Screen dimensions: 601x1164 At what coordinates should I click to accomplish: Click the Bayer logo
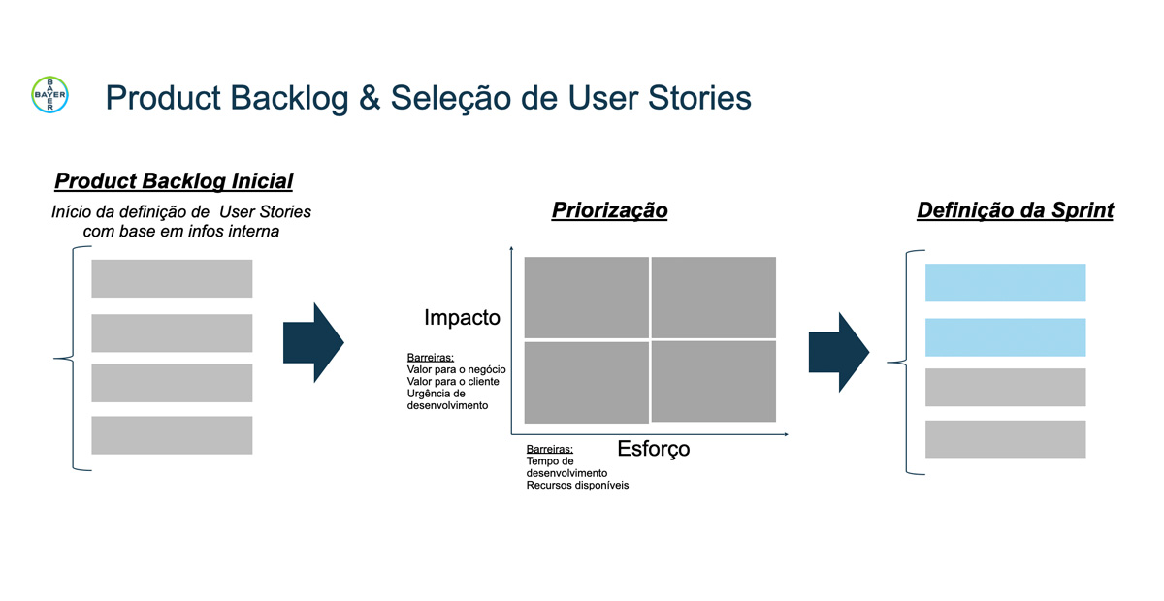pos(49,94)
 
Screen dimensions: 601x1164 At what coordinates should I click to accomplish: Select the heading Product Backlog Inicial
pos(174,181)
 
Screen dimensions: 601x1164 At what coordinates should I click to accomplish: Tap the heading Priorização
pos(609,210)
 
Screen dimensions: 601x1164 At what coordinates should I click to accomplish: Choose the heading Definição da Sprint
pos(1015,210)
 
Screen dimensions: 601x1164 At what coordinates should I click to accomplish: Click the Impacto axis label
pos(462,317)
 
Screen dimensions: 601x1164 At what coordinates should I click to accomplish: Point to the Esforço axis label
pos(654,449)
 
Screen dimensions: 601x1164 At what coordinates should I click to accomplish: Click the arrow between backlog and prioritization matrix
pos(313,341)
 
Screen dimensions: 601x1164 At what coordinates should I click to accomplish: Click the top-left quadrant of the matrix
pos(586,297)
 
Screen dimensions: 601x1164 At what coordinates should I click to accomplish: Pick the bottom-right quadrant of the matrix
pos(713,381)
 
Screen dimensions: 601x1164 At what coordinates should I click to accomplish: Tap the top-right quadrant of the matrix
pos(713,297)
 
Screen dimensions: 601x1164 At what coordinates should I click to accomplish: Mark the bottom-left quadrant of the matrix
pos(586,382)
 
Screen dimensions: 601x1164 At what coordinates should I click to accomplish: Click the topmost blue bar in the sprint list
pos(1005,282)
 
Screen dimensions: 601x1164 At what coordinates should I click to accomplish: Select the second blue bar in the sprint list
pos(1005,336)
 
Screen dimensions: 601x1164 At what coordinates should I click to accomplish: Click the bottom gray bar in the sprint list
pos(1005,439)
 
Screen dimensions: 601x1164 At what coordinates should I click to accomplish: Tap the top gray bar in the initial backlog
pos(172,278)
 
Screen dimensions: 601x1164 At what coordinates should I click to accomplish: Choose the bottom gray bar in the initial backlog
pos(172,435)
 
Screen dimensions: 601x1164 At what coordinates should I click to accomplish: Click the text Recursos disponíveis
pos(577,485)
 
